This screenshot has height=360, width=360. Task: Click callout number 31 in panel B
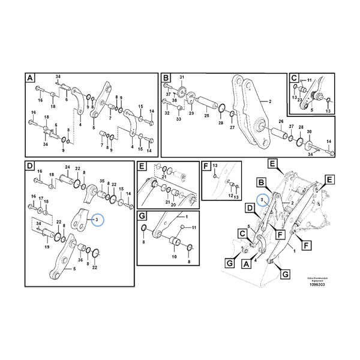pos(182,77)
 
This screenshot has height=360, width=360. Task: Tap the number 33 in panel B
pos(178,120)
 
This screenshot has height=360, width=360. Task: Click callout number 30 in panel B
pos(309,131)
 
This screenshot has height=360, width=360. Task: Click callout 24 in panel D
pos(67,167)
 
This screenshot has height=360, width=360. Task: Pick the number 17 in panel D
pos(41,197)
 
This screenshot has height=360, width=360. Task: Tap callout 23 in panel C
pos(299,101)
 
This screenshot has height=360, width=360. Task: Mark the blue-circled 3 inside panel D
pos(97,220)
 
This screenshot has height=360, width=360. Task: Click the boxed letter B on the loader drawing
pos(261,181)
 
